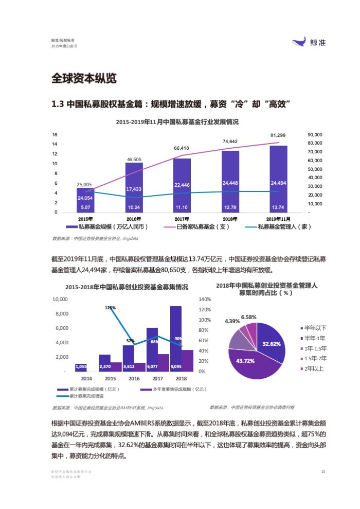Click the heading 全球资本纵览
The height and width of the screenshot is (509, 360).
(84, 79)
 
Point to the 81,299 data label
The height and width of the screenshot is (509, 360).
(278, 135)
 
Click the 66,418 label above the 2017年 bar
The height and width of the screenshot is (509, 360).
(182, 148)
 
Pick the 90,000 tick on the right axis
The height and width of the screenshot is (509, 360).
(314, 134)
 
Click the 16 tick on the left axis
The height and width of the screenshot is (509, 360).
(55, 134)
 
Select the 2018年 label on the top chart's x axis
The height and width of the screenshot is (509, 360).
(230, 219)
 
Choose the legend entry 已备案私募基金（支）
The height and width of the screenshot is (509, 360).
(196, 226)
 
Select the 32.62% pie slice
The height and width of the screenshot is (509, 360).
(271, 343)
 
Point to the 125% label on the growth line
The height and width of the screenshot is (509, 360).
(110, 308)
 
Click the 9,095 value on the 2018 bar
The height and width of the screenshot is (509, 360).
(175, 366)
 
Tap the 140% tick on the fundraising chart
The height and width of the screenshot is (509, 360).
(205, 299)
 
